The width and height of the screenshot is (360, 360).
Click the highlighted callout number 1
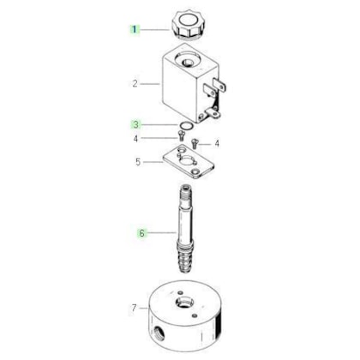pyautogui.click(x=134, y=29)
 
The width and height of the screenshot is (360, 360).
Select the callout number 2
pyautogui.click(x=135, y=84)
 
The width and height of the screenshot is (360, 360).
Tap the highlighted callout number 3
pyautogui.click(x=136, y=124)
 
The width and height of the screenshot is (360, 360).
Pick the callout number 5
pyautogui.click(x=138, y=162)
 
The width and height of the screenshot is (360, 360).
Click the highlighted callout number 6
pyautogui.click(x=141, y=233)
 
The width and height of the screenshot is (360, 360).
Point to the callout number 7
pyautogui.click(x=135, y=308)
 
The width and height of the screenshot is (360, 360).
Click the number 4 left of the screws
pyautogui.click(x=135, y=139)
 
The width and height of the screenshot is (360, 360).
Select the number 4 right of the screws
pyautogui.click(x=217, y=143)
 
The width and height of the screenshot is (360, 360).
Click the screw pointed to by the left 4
pyautogui.click(x=181, y=135)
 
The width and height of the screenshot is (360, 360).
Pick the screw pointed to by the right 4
pyautogui.click(x=195, y=143)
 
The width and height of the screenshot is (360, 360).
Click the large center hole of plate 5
pyautogui.click(x=187, y=160)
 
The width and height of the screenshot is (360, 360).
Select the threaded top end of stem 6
pyautogui.click(x=184, y=192)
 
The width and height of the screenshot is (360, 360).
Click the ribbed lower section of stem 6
pyautogui.click(x=185, y=256)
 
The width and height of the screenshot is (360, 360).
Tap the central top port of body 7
pyautogui.click(x=184, y=303)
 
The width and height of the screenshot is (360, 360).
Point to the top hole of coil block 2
pyautogui.click(x=188, y=62)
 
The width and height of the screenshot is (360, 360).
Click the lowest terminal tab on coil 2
pyautogui.click(x=213, y=113)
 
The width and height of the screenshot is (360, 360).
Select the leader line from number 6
pyautogui.click(x=161, y=233)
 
